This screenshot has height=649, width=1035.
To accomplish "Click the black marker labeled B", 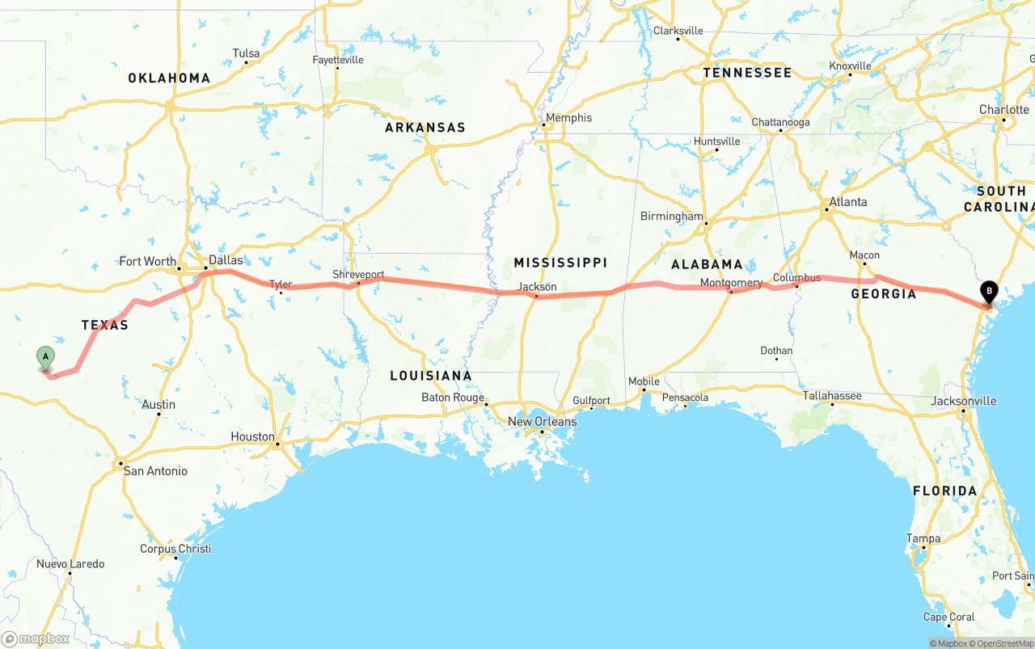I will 989,293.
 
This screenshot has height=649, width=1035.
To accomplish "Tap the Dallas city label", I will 226,260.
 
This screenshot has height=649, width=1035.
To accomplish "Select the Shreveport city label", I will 358,275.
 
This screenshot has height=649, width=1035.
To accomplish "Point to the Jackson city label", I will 537,287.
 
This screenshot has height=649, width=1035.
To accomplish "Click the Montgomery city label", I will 731,283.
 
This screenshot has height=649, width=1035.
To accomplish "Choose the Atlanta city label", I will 848,202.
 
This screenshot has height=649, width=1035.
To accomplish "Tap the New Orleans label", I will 543,421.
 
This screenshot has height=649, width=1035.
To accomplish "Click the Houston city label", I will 252,436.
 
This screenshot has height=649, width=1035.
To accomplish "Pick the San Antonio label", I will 155,470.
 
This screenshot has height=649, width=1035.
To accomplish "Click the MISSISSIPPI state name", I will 560,263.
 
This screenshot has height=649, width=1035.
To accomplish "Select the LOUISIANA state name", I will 431,376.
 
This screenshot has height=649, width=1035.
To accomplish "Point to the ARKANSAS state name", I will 425,128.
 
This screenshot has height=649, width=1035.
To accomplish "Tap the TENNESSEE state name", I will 747,73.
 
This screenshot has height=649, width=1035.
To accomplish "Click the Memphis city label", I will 568,118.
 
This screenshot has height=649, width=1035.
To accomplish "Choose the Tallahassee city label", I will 832,395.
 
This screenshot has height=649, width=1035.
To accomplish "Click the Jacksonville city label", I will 964,401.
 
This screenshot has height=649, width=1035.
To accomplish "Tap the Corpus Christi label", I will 175,549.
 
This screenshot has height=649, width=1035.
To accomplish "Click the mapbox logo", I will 36,638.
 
